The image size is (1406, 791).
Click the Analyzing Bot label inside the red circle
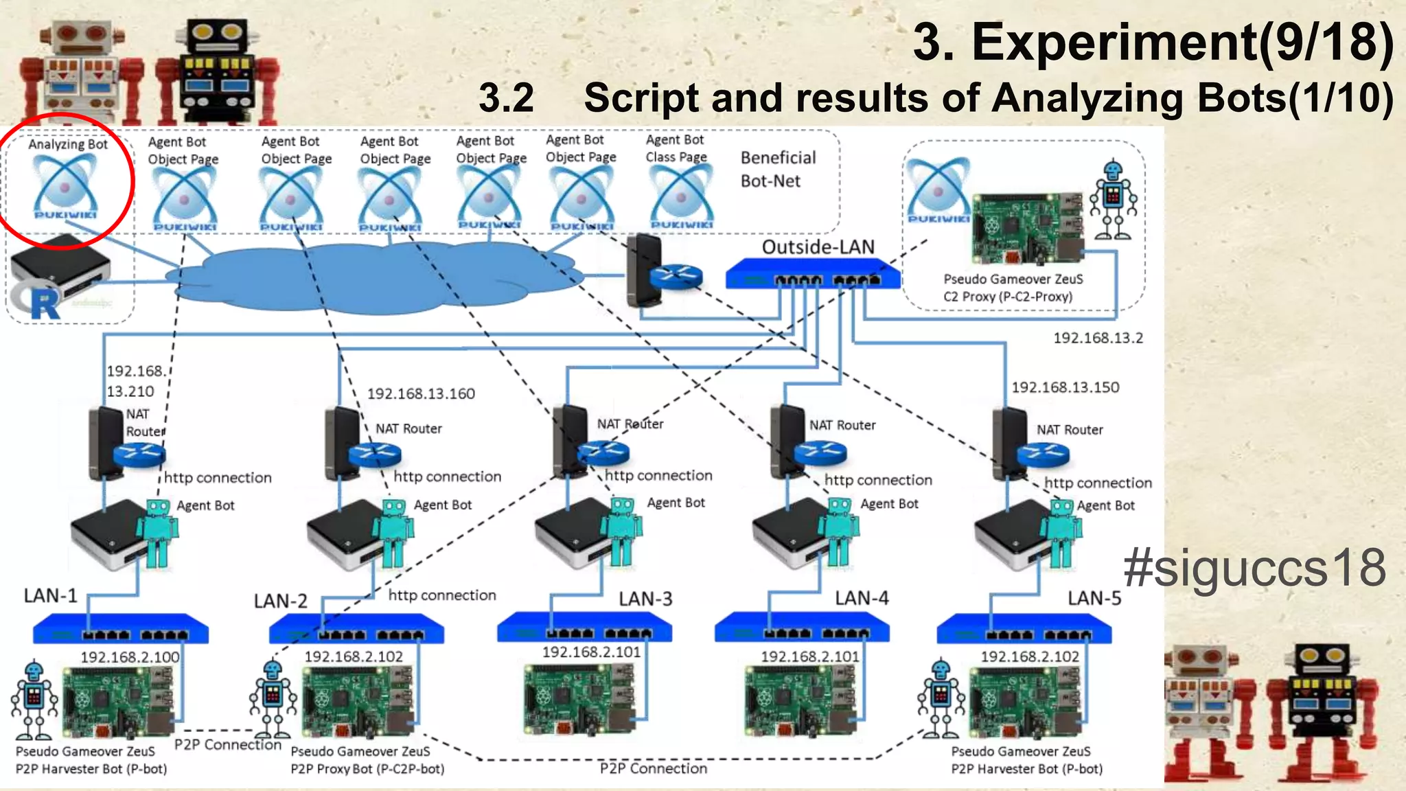(x=68, y=144)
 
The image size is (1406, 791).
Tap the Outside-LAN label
(x=818, y=247)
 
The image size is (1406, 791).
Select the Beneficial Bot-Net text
(x=777, y=170)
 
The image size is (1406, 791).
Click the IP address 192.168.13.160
(x=421, y=393)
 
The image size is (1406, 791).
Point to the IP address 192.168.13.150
(x=1065, y=387)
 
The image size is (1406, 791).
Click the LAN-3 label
(x=645, y=599)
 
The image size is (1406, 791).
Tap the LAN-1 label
(x=51, y=595)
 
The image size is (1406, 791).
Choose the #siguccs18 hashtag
(x=1254, y=568)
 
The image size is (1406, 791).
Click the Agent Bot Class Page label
(x=676, y=148)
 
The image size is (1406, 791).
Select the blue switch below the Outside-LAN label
(x=812, y=275)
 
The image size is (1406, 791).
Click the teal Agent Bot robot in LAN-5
(x=1061, y=532)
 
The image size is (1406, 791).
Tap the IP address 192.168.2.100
(x=130, y=657)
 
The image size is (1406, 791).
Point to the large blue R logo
(x=44, y=304)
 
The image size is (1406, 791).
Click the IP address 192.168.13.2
(x=1098, y=338)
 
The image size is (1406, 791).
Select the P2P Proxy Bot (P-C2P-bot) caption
(x=367, y=768)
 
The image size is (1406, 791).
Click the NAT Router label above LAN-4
(x=842, y=425)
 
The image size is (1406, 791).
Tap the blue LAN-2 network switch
(x=356, y=629)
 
